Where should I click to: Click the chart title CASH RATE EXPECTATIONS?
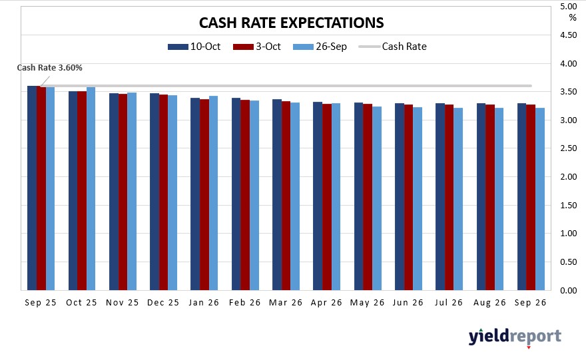click(292, 23)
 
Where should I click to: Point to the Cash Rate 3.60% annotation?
click(49, 67)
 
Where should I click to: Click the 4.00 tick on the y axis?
click(568, 64)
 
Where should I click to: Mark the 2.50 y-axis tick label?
click(568, 149)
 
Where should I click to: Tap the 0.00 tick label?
click(568, 291)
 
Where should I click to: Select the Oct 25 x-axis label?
click(82, 302)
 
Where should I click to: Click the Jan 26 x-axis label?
click(204, 302)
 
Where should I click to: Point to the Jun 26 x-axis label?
click(409, 302)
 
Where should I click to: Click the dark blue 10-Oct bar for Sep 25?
click(32, 188)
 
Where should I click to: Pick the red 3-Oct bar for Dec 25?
click(164, 192)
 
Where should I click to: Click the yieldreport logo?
click(515, 337)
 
